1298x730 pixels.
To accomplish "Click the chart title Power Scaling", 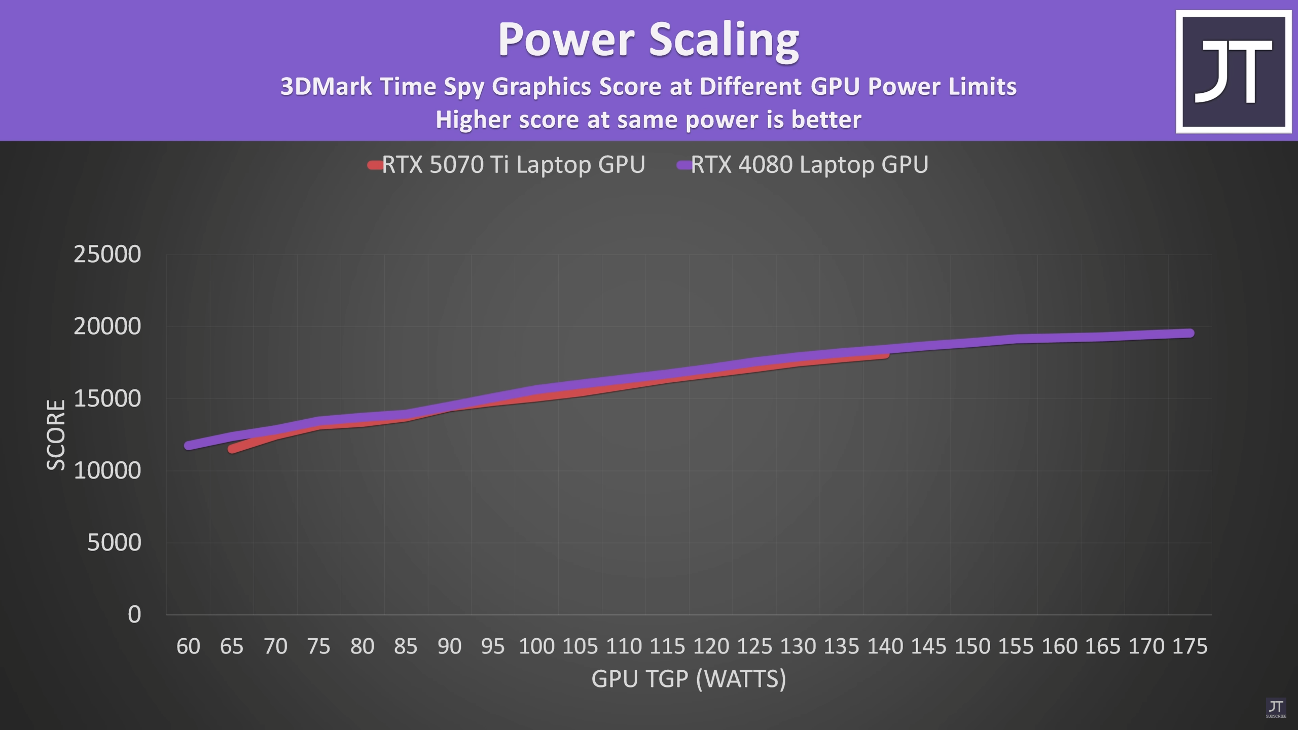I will [x=648, y=40].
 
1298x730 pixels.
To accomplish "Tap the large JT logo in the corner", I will [x=1233, y=71].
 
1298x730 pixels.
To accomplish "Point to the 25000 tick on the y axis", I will [x=107, y=254].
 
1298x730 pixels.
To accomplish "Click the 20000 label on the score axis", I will [x=107, y=326].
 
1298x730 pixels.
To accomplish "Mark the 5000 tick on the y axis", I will [x=114, y=543].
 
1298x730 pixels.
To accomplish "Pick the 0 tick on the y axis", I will [x=134, y=615].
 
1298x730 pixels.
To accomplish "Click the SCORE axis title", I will [x=56, y=435].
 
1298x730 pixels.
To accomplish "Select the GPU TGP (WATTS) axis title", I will [x=689, y=679].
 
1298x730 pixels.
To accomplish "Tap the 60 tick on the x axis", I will [x=188, y=647].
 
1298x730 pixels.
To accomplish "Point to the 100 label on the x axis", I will [x=536, y=647].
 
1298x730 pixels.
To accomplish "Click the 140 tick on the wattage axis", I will [x=885, y=647].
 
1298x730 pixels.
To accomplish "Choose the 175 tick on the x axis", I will [x=1189, y=647].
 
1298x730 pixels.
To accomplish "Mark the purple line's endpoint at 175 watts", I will [x=1189, y=333].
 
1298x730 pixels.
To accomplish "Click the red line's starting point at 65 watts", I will [x=232, y=449].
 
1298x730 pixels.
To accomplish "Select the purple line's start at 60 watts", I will [x=189, y=446].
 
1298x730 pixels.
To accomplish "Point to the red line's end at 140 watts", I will [x=885, y=354].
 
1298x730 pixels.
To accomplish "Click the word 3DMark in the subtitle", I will [x=326, y=87].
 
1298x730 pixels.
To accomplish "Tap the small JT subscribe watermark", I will [x=1276, y=708].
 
